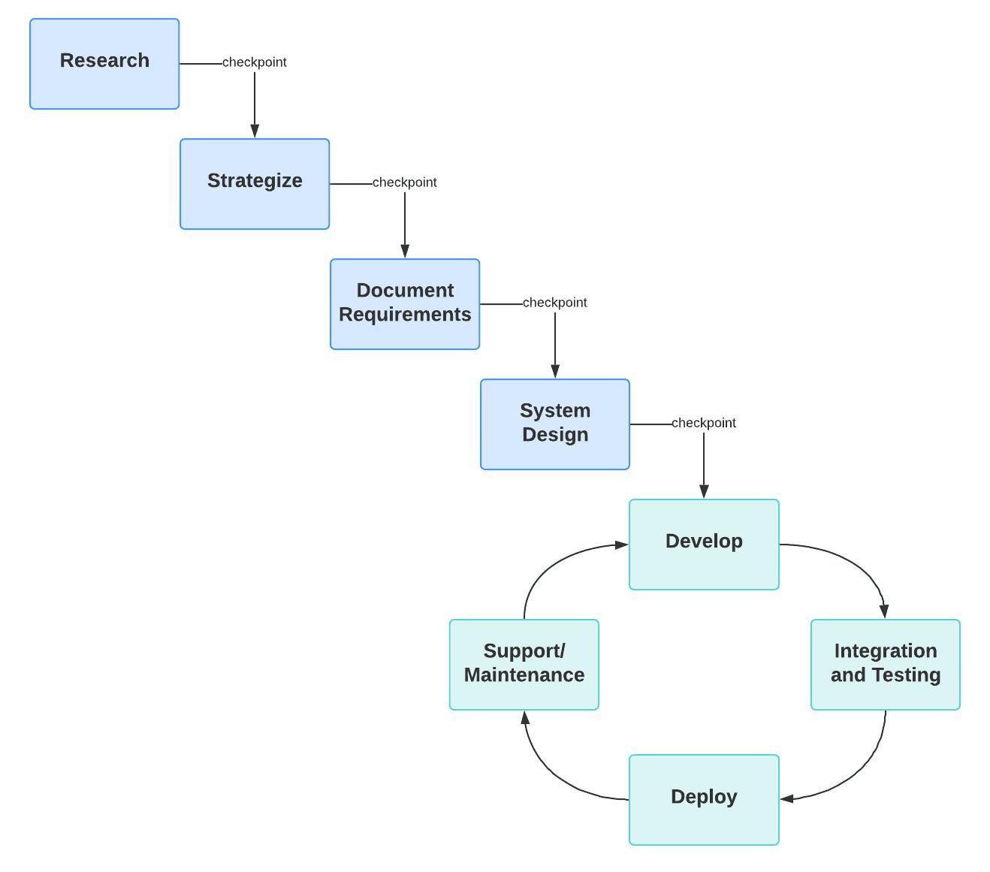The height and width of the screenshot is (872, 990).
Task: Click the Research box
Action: coord(104,64)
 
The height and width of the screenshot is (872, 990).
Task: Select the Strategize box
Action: coord(255,184)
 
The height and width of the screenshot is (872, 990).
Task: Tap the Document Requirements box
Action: coord(405,304)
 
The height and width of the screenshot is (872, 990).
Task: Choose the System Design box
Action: coord(555,424)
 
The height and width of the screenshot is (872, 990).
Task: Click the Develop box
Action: coord(704,545)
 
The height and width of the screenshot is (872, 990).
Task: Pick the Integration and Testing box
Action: coord(886,665)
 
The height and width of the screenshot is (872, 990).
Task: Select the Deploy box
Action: coord(704,800)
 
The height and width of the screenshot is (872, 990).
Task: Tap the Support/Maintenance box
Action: coord(524,665)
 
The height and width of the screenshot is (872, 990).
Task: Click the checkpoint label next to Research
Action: coord(255,62)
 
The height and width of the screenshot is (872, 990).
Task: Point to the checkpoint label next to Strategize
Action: coord(405,183)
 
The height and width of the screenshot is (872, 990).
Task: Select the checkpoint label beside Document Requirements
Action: coord(555,303)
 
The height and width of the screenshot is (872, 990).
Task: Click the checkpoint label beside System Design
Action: coord(704,423)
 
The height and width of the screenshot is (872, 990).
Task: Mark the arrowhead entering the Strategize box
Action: coord(255,131)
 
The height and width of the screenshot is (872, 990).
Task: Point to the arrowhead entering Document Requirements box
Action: coord(405,252)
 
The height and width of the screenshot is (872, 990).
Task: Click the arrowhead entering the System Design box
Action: coord(555,372)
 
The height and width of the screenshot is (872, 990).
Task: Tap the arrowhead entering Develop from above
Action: coord(704,492)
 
